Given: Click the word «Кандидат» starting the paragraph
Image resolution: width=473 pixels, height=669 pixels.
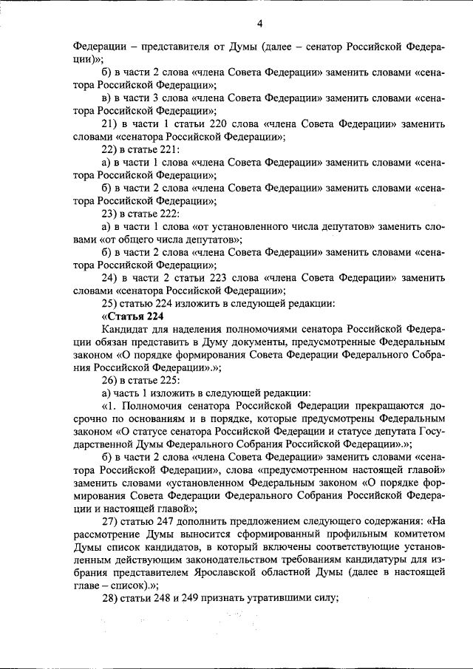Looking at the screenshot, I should [x=124, y=329].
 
